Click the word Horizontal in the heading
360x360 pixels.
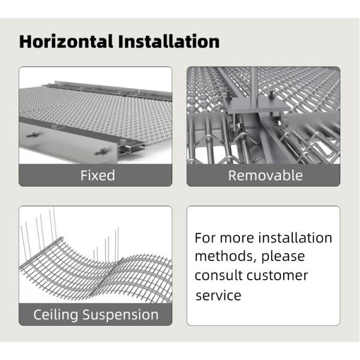[66, 41]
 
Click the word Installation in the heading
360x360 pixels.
[169, 41]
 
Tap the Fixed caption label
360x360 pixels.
[98, 175]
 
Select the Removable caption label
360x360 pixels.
[265, 176]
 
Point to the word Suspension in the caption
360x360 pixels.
[121, 315]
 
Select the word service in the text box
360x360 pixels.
[218, 295]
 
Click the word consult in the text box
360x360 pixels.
[219, 275]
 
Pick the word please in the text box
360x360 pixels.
[283, 257]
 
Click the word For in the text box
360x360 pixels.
[205, 238]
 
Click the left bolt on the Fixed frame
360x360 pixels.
[32, 135]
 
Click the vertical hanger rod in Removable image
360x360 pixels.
[253, 86]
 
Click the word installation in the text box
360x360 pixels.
[295, 238]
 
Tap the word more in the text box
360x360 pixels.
[237, 239]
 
